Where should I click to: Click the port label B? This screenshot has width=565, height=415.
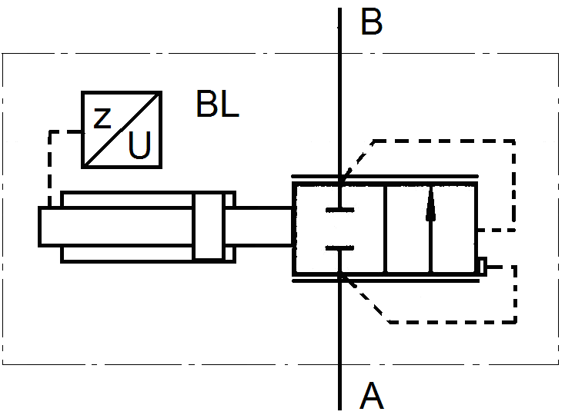pyautogui.click(x=371, y=22)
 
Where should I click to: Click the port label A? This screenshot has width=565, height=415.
pyautogui.click(x=372, y=396)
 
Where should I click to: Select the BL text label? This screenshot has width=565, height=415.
pyautogui.click(x=218, y=104)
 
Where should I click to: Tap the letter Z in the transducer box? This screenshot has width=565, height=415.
pyautogui.click(x=102, y=118)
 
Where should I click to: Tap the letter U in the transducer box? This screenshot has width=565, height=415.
pyautogui.click(x=139, y=145)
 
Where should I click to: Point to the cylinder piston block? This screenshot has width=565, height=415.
pyautogui.click(x=209, y=227)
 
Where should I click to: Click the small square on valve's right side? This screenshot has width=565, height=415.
pyautogui.click(x=482, y=267)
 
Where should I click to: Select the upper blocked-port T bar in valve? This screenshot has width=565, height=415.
pyautogui.click(x=339, y=210)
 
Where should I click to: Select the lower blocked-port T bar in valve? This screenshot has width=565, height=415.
pyautogui.click(x=339, y=247)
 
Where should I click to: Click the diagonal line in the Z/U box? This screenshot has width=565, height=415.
pyautogui.click(x=122, y=130)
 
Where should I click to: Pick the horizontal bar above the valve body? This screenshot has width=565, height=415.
pyautogui.click(x=385, y=176)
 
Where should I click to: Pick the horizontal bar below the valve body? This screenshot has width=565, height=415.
pyautogui.click(x=386, y=281)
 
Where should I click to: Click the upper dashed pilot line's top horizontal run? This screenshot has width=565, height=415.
pyautogui.click(x=444, y=141)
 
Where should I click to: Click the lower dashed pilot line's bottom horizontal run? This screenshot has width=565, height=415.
pyautogui.click(x=453, y=322)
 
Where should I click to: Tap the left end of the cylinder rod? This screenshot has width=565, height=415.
pyautogui.click(x=39, y=227)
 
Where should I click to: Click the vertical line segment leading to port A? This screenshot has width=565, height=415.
pyautogui.click(x=339, y=342)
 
